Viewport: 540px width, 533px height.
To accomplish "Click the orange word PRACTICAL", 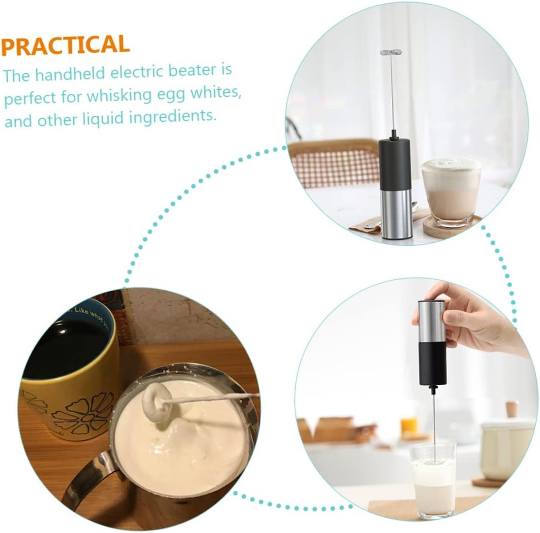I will point(65,46).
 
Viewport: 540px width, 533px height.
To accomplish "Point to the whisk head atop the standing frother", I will point(391,52).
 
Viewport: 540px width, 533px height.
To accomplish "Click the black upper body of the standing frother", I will point(394,164).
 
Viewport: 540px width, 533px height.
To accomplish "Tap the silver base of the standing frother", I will point(396,214).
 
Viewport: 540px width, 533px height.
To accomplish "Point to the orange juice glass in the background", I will point(409,425).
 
